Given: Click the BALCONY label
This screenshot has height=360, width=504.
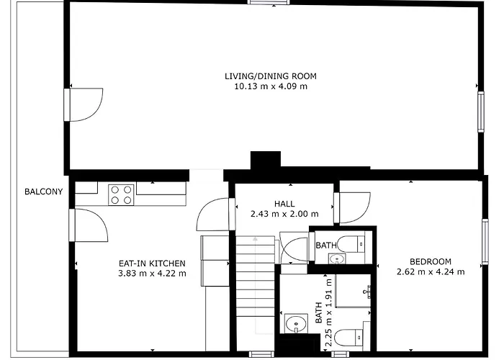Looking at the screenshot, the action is (x=43, y=192).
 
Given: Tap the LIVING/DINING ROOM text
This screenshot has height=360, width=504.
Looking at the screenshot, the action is (x=270, y=76).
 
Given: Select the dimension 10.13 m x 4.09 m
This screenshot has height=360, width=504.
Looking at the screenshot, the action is (x=271, y=86).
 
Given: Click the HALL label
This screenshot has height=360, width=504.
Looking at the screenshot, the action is (x=284, y=204).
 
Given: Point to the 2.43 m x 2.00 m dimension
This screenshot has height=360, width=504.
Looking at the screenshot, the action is (x=284, y=214).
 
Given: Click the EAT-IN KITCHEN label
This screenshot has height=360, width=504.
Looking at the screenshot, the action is (x=152, y=264).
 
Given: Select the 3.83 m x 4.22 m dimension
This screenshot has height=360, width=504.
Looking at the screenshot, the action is (x=152, y=274).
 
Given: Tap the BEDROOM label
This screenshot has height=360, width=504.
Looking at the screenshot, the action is (x=431, y=261).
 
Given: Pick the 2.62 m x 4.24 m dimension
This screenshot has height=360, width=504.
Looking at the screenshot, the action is (x=431, y=272).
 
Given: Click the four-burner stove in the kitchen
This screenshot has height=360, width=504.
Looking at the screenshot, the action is (x=121, y=195).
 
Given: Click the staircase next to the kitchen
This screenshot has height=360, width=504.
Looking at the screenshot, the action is (x=256, y=276).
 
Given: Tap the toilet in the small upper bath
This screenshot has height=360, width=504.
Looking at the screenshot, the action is (x=351, y=244).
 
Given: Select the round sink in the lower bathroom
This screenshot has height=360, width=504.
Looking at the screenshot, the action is (x=296, y=324).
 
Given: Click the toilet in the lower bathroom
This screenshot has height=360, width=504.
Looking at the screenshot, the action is (x=348, y=338).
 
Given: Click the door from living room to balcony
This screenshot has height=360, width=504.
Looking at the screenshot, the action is (x=84, y=105).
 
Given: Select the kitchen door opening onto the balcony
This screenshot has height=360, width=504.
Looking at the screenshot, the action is (x=89, y=225).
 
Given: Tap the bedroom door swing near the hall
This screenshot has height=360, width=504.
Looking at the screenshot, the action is (x=352, y=207).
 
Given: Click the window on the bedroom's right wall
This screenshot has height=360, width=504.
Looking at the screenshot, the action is (x=485, y=242).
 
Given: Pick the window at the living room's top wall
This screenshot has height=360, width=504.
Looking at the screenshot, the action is (x=269, y=2).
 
